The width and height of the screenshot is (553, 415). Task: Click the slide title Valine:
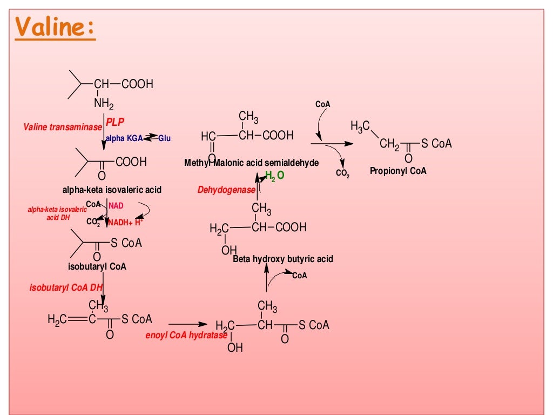(x=55, y=27)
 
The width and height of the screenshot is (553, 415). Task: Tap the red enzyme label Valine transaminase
(x=63, y=128)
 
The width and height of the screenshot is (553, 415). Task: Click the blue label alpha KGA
(x=124, y=138)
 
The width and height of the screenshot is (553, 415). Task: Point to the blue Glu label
(x=164, y=138)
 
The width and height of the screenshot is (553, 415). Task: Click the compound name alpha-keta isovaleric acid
(x=112, y=190)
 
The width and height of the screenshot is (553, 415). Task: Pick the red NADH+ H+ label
(x=125, y=222)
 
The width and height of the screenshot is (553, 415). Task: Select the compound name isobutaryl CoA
(x=97, y=266)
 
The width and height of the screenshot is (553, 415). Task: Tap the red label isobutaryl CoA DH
(x=66, y=287)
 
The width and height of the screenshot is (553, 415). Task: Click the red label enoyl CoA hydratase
(x=186, y=335)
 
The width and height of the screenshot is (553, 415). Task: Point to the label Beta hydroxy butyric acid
(x=283, y=259)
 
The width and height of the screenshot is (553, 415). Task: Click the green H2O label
(x=275, y=176)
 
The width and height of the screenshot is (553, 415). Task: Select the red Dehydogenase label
(x=226, y=190)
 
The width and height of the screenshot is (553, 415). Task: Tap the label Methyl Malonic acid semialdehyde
(x=251, y=163)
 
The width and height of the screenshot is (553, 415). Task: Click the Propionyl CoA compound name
(x=398, y=171)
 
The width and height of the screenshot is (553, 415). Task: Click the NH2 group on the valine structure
(x=104, y=103)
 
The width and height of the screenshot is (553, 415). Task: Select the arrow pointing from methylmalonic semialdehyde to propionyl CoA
(x=332, y=144)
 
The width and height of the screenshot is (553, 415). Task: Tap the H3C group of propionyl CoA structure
(x=360, y=126)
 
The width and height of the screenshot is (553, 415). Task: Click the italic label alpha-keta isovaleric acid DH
(x=57, y=213)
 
